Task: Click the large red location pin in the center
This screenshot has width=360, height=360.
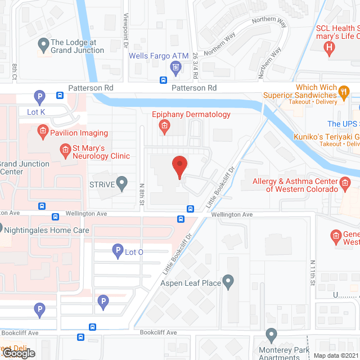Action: [179, 167]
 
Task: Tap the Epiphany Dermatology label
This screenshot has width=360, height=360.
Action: [191, 114]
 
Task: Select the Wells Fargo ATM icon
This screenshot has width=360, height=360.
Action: [175, 68]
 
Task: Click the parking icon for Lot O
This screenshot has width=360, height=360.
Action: [118, 251]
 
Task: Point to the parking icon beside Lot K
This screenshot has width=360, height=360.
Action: [40, 97]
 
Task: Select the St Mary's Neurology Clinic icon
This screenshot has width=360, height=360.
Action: [65, 149]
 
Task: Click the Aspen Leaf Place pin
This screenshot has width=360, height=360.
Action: [228, 282]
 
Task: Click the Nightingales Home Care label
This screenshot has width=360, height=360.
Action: [46, 230]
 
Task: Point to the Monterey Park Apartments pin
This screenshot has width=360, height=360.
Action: [271, 336]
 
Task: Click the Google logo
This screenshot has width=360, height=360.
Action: [19, 353]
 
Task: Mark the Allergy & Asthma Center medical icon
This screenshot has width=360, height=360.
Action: [346, 182]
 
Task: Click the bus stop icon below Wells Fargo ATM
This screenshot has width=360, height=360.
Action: [164, 80]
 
